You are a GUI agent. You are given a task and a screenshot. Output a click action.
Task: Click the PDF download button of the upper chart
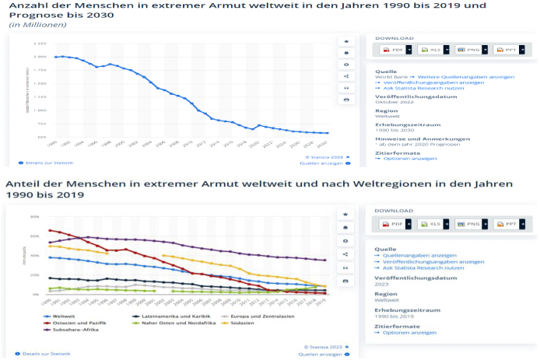(395, 49)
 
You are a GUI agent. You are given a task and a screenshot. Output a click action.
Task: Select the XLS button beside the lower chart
(433, 224)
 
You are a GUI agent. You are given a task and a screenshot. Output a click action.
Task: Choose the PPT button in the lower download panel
(509, 224)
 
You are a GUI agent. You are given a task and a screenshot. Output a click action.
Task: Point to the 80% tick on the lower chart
(34, 216)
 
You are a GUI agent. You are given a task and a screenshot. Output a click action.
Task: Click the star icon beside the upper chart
(345, 40)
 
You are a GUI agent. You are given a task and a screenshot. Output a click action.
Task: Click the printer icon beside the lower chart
(345, 279)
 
